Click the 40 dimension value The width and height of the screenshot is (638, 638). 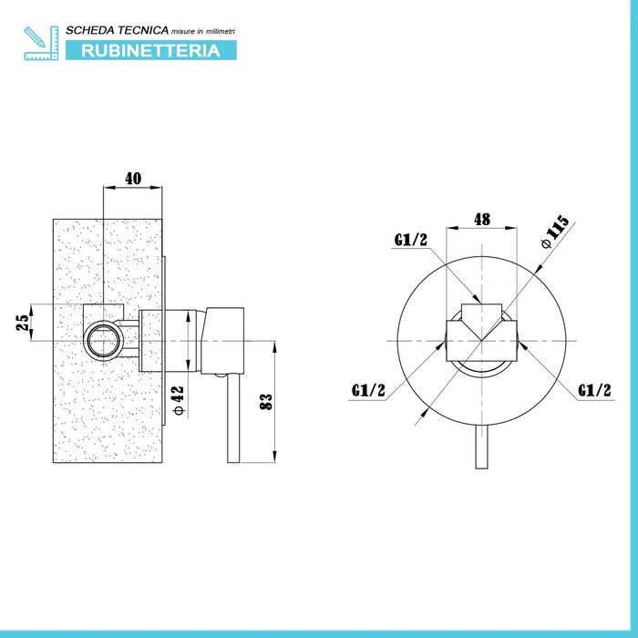coord(133,179)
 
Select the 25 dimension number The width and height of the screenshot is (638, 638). coord(26,322)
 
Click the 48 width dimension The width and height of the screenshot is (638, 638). coord(482,219)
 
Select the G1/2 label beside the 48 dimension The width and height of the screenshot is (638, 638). coord(411,240)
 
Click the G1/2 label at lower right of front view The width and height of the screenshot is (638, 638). coord(593,390)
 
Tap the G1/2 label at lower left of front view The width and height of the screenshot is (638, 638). coord(367,390)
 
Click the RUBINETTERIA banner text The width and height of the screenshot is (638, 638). coord(150,50)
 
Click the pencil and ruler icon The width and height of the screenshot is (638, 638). coord(40,43)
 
